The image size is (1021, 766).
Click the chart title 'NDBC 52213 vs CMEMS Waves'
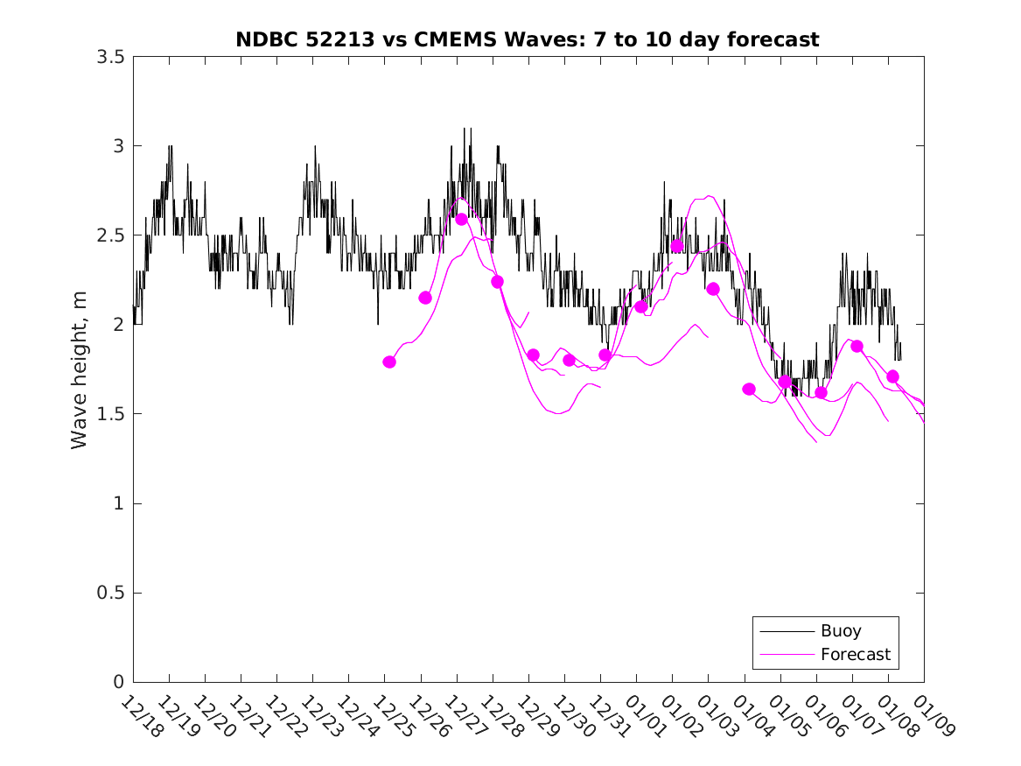pyautogui.click(x=527, y=39)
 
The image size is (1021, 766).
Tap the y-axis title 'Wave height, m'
pyautogui.click(x=80, y=369)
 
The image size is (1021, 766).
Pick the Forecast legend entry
pyautogui.click(x=855, y=654)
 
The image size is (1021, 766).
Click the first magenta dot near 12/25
pyautogui.click(x=389, y=362)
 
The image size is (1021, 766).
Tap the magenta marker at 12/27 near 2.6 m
pyautogui.click(x=461, y=219)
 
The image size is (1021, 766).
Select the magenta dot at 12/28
pyautogui.click(x=497, y=282)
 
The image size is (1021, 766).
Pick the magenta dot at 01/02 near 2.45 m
pyautogui.click(x=677, y=246)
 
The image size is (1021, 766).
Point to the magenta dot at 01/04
pyautogui.click(x=749, y=389)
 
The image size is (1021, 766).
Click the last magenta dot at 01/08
pyautogui.click(x=892, y=376)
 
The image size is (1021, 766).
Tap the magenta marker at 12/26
pyautogui.click(x=425, y=298)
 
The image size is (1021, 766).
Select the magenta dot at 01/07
pyautogui.click(x=857, y=346)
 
